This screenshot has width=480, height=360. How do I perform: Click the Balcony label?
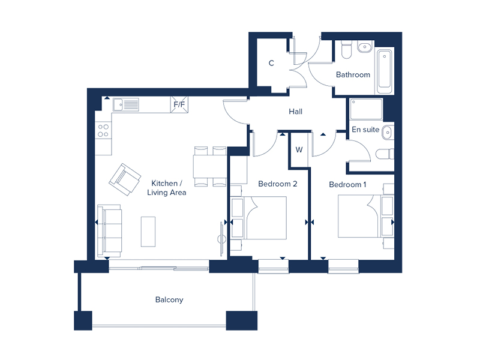click(169, 299)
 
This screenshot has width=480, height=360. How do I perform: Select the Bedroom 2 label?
click(278, 184)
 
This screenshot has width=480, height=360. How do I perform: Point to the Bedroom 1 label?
click(347, 184)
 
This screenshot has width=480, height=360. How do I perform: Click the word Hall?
click(295, 112)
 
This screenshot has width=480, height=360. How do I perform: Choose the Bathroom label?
click(353, 75)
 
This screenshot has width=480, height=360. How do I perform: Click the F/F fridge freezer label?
click(179, 104)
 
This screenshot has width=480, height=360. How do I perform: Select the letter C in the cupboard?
click(271, 63)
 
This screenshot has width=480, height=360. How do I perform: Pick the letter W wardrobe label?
click(299, 149)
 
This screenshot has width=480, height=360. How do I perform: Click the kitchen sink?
click(127, 104)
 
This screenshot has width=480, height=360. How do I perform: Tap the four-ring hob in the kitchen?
click(103, 130)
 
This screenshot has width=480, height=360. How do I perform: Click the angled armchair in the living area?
click(125, 178)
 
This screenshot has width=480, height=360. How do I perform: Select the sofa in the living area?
click(110, 230)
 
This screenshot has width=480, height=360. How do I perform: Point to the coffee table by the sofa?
click(148, 230)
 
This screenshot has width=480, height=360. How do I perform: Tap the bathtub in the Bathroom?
click(385, 72)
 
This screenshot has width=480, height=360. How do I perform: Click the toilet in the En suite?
click(385, 154)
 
